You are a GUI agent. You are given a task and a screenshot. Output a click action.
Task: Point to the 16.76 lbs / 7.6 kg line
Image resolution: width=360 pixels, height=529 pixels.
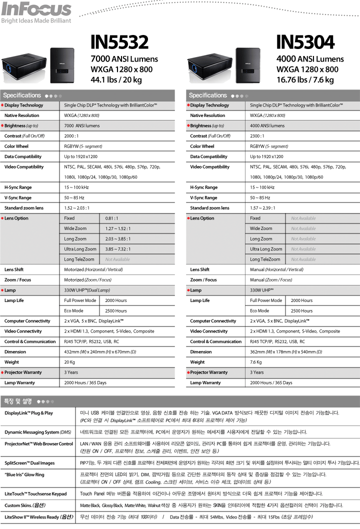click(x=305, y=79)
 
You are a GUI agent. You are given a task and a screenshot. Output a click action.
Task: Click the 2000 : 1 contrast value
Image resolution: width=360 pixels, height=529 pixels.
click(x=71, y=136)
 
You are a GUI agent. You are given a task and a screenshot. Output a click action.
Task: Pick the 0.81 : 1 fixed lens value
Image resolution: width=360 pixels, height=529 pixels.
click(x=111, y=218)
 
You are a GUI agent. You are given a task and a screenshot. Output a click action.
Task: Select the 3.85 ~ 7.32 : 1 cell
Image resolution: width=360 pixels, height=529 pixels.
click(x=118, y=249)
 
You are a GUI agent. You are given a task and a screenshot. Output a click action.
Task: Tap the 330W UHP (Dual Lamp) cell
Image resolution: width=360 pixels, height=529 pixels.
click(x=87, y=290)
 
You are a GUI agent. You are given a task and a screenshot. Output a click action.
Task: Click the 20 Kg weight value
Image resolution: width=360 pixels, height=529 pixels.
click(x=69, y=362)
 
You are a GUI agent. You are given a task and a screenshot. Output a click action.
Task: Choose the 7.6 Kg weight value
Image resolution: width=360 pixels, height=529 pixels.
click(x=256, y=362)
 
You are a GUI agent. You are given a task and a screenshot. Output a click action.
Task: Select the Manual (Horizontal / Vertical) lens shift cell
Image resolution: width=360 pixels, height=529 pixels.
click(x=276, y=269)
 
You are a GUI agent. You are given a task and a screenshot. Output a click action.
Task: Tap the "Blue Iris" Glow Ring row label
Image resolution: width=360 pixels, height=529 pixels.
click(x=24, y=474)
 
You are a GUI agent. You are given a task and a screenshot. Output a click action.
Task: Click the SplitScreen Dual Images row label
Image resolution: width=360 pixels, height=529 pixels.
click(x=29, y=462)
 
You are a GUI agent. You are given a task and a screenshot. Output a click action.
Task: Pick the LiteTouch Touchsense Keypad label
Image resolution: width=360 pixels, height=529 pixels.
click(x=35, y=494)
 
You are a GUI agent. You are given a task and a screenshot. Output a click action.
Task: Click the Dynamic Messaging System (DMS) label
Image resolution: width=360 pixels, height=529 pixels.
click(x=37, y=431)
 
